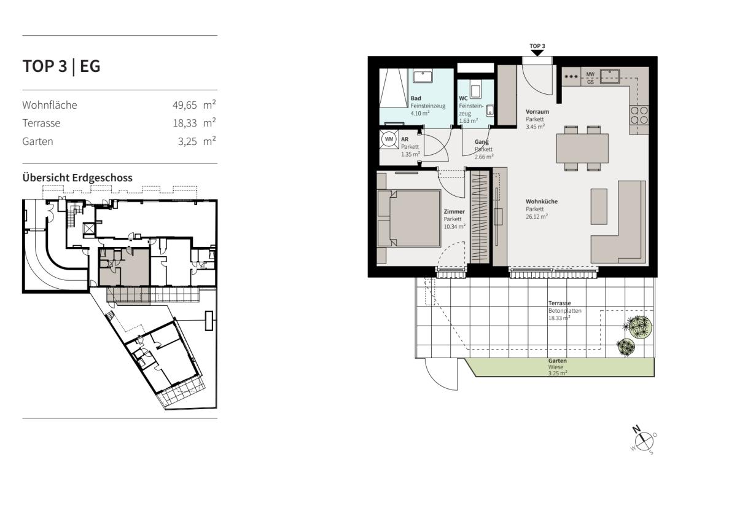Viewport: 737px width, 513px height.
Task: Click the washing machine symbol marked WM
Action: click(389, 139)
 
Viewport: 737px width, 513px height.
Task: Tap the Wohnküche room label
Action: click(542, 202)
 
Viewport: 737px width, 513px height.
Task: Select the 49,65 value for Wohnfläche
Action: click(185, 105)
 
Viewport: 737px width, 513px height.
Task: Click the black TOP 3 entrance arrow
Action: click(537, 53)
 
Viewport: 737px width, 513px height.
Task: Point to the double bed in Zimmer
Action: click(409, 219)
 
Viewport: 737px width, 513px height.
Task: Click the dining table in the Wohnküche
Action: click(582, 149)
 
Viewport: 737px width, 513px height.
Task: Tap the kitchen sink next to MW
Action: click(610, 76)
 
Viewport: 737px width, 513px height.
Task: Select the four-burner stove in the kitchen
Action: click(639, 115)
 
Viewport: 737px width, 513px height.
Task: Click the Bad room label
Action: click(416, 98)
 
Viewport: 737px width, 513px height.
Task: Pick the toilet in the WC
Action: click(475, 89)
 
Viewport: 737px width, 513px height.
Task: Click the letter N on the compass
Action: click(637, 429)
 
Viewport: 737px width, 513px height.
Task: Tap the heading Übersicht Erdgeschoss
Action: click(77, 178)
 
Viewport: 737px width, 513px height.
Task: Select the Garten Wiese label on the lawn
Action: click(557, 364)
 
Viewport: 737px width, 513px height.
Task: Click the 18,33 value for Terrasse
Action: click(185, 123)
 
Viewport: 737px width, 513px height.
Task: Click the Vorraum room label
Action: click(537, 112)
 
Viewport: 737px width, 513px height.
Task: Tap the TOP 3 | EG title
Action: click(61, 66)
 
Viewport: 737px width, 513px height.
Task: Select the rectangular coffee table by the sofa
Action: click(599, 206)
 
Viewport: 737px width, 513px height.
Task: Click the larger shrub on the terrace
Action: click(638, 327)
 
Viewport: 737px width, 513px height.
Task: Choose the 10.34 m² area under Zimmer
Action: click(454, 226)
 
